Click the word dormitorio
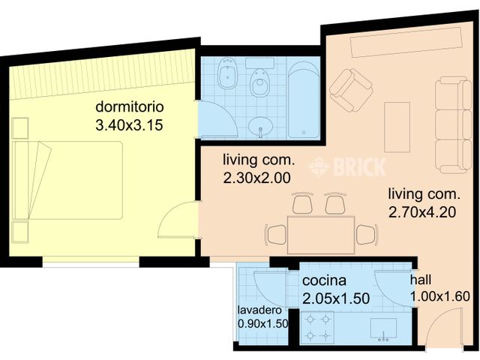click(x=130, y=107)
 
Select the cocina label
click(x=324, y=281)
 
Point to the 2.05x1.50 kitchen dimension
click(x=336, y=298)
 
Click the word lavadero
click(x=259, y=310)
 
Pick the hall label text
click(x=420, y=280)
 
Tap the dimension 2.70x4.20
click(x=422, y=212)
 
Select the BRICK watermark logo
click(x=348, y=166)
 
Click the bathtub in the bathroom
click(x=304, y=101)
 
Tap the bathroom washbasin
click(x=261, y=125)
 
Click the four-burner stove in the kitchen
click(x=317, y=328)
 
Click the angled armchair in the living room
click(x=351, y=90)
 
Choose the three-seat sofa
click(x=453, y=124)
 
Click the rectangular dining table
click(x=321, y=234)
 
